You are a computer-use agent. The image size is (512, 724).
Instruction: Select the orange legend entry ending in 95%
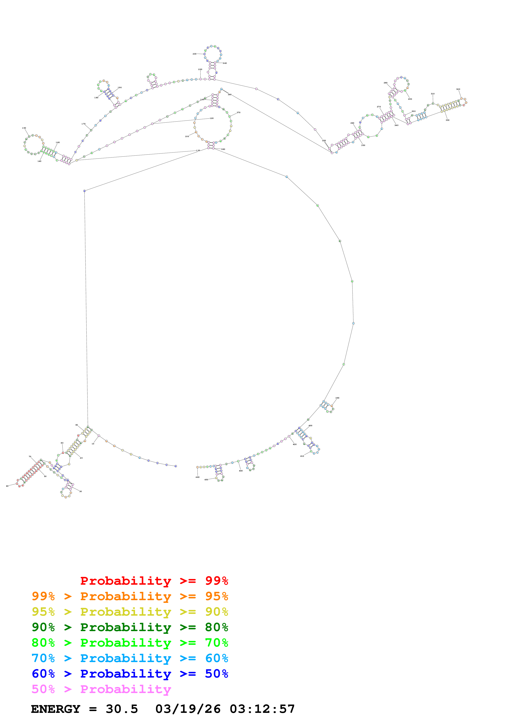(x=130, y=596)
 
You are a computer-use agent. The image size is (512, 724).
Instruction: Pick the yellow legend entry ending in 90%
(x=130, y=612)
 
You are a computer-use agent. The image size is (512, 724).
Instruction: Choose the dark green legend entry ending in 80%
(x=130, y=627)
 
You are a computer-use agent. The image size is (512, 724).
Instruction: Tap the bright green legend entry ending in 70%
(x=130, y=643)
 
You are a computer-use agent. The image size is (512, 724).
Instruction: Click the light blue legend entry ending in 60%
(x=130, y=658)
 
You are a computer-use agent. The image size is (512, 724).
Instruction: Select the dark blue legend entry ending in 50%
(x=130, y=674)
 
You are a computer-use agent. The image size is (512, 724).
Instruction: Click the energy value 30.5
(x=122, y=709)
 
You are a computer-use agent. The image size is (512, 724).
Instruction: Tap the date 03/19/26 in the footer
(x=188, y=709)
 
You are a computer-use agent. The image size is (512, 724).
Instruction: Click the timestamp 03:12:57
(x=262, y=709)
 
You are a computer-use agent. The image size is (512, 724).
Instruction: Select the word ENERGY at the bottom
(x=56, y=709)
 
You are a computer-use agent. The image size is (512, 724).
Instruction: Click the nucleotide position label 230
(x=194, y=54)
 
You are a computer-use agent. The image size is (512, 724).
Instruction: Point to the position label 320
(x=458, y=89)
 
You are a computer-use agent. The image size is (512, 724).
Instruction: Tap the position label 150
(x=24, y=128)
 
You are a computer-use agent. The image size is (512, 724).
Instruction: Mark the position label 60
(x=7, y=486)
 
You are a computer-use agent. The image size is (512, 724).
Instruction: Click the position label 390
(x=337, y=398)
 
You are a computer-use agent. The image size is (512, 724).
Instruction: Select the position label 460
(x=197, y=477)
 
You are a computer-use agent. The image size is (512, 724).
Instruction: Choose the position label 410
(x=302, y=456)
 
